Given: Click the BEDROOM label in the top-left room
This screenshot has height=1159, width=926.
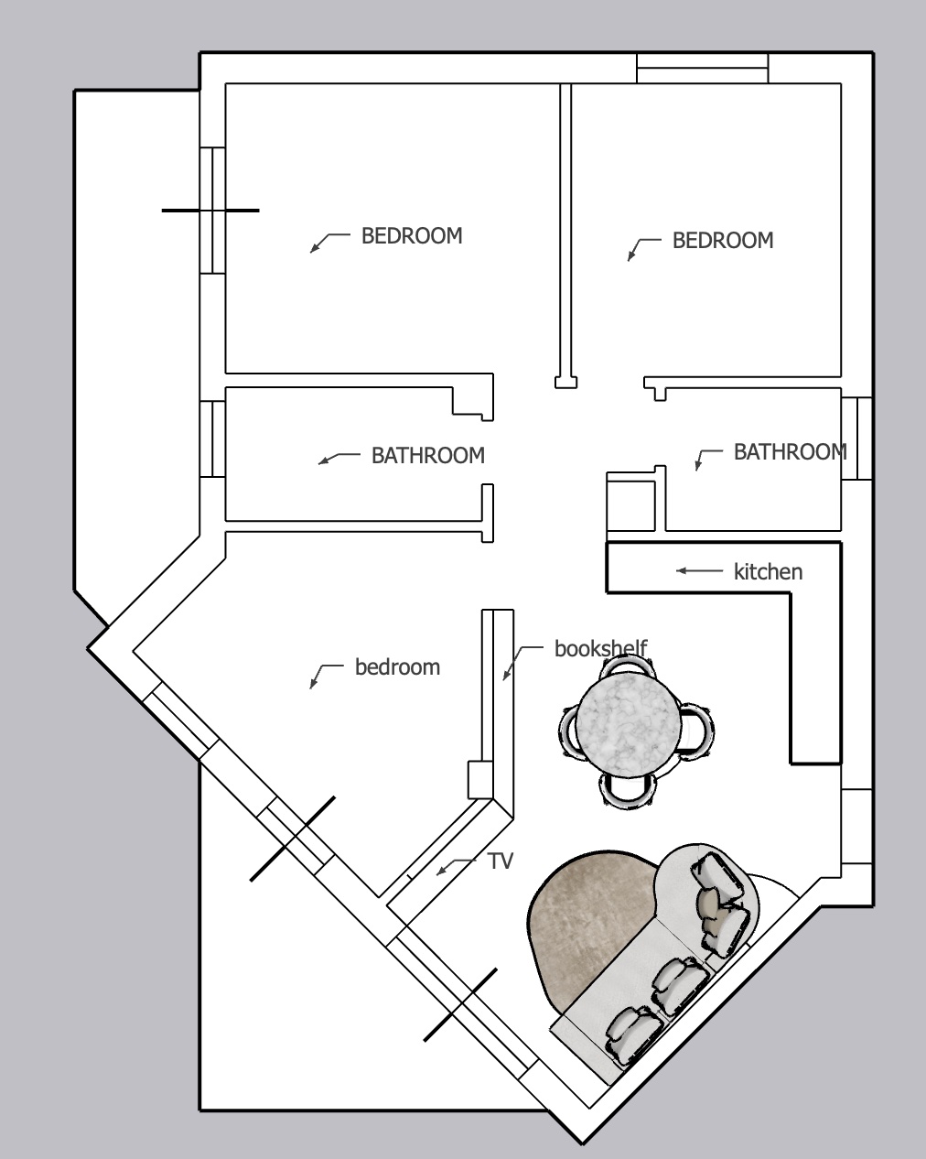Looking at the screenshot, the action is coord(412,236).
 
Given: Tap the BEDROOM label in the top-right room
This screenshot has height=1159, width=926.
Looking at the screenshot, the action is coord(723,240).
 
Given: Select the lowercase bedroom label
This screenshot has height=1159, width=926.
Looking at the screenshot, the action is coord(397,667).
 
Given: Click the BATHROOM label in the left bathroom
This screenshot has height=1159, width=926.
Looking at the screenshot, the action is coord(428,456).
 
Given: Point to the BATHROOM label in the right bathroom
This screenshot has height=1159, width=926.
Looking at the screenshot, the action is coord(791,452).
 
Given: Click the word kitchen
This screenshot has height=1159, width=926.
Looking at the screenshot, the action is coord(768,571).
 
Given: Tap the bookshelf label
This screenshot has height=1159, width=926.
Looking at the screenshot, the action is coord(601,648).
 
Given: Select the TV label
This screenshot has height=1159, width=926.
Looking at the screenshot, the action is coord(501,861).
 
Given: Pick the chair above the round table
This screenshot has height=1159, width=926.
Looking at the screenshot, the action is coord(627,667).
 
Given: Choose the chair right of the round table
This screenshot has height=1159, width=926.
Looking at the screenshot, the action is coord(698,731).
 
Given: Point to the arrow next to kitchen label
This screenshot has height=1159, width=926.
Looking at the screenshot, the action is coord(699,570).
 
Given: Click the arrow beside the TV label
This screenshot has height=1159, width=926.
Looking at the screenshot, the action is coord(456,866).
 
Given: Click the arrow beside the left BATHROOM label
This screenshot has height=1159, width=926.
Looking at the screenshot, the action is coord(339,459).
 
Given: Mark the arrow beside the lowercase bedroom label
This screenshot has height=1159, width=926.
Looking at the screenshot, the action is coord(326,677).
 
